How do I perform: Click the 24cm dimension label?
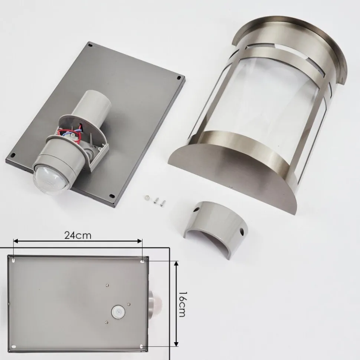[x=78, y=235]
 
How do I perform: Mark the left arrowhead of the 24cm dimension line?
[x=16, y=241]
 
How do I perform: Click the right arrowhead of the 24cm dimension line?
[x=140, y=241]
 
